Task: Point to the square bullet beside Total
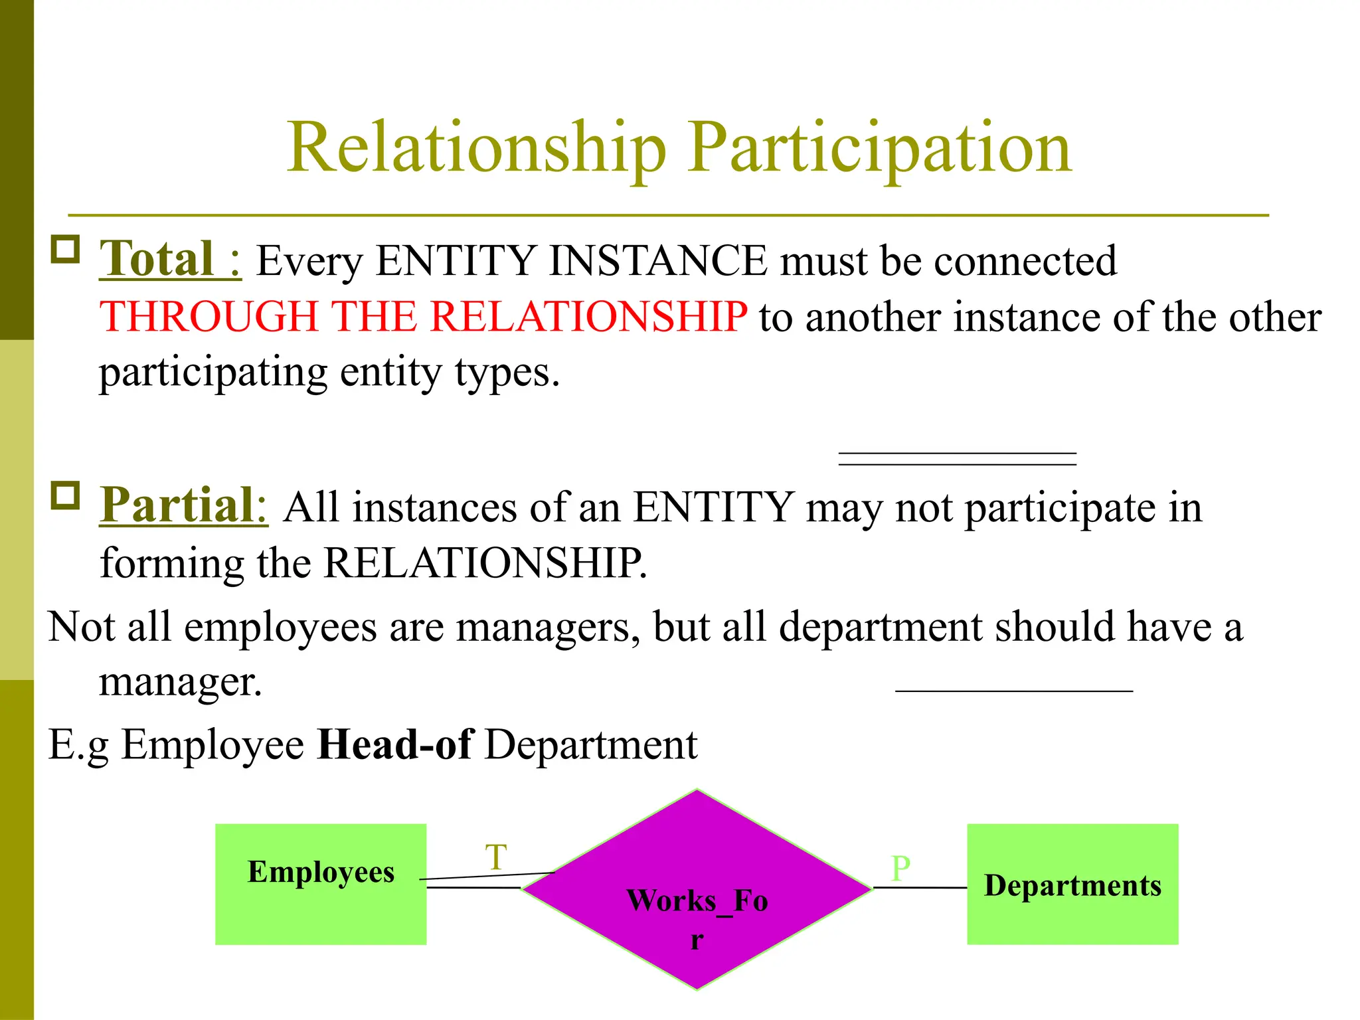pyautogui.click(x=65, y=250)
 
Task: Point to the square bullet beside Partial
pyautogui.click(x=65, y=495)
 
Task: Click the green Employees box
pyautogui.click(x=321, y=910)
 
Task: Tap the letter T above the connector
pyautogui.click(x=496, y=857)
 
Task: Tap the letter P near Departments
pyautogui.click(x=900, y=869)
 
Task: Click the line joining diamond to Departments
pyautogui.click(x=920, y=887)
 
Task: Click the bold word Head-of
pyautogui.click(x=394, y=744)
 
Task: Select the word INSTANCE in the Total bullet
pyautogui.click(x=657, y=260)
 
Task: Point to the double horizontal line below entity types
pyautogui.click(x=957, y=458)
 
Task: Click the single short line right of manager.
pyautogui.click(x=1013, y=691)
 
